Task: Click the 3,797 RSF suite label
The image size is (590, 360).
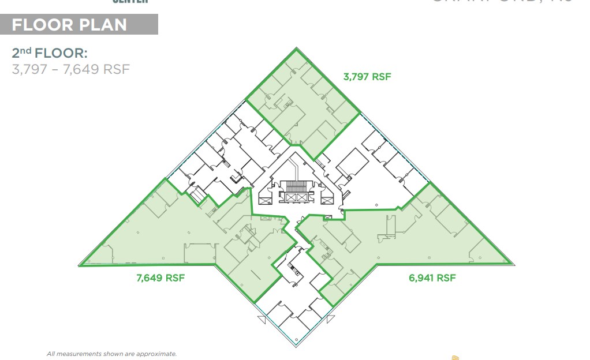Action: coord(367,76)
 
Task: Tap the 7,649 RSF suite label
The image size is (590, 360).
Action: coord(160,277)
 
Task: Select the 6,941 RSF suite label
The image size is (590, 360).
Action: coord(432,277)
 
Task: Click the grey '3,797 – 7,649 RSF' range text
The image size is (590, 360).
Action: coord(70,70)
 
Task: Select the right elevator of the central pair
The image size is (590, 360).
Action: coord(302,197)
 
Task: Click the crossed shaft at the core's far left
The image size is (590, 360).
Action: coord(265,199)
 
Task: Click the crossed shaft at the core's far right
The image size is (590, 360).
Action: coord(327,199)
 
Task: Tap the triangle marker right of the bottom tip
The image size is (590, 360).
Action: coord(330,318)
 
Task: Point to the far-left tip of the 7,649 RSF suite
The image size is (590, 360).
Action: coord(79,265)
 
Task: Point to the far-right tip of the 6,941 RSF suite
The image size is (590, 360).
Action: coord(514,265)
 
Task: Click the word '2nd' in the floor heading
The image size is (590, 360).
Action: coord(21,54)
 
